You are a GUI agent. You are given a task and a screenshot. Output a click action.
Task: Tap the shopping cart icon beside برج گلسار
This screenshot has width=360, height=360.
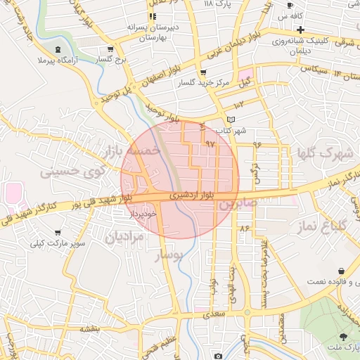[x=111, y=49]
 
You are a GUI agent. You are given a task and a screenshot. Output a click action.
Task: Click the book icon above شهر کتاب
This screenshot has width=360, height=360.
[x=231, y=120]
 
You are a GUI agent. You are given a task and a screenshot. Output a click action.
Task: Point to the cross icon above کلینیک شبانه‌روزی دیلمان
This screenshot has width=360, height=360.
[x=301, y=30]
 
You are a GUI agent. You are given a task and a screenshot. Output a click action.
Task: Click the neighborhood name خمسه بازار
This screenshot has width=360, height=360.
[x=132, y=151]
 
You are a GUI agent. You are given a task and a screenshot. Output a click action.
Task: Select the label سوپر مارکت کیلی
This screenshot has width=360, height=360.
[x=48, y=243]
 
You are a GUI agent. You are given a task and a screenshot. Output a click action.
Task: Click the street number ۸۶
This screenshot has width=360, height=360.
[x=245, y=229]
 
